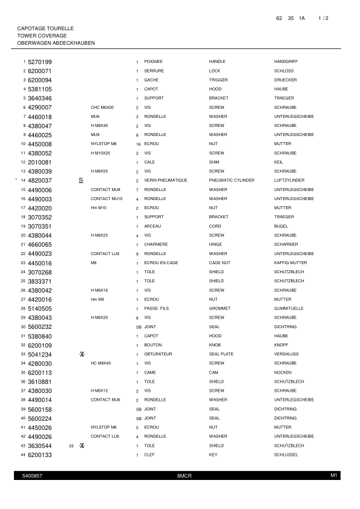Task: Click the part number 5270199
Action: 40,62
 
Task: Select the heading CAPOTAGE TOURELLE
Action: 45,28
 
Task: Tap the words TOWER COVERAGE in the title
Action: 42,36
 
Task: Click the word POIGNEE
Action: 153,62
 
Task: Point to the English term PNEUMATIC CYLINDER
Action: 231,180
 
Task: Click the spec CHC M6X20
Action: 102,107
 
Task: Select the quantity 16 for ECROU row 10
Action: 139,144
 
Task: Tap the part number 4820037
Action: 40,180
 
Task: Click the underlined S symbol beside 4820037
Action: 80,180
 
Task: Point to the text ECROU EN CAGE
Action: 161,263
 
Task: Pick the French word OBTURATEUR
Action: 159,354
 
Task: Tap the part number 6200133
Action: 40,455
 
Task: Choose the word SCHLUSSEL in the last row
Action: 286,455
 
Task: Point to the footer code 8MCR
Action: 184,476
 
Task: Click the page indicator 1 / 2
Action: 323,19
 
